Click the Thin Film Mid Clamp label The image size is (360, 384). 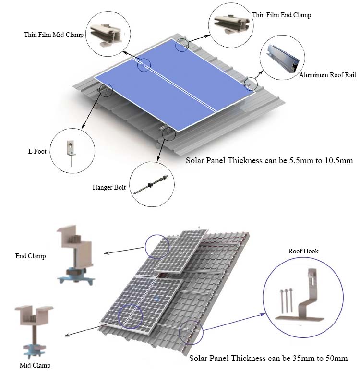click(x=54, y=35)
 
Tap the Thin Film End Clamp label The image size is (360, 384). click(x=282, y=15)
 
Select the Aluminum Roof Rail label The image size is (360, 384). click(x=327, y=75)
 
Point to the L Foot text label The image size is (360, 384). click(x=37, y=151)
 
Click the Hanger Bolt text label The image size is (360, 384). click(x=109, y=187)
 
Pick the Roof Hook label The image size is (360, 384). click(x=303, y=251)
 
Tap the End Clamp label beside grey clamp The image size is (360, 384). click(x=31, y=256)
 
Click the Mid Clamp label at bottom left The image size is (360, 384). click(x=35, y=365)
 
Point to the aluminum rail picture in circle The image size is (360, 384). click(x=283, y=58)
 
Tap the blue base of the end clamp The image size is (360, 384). click(x=76, y=277)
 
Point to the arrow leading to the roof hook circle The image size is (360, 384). click(x=234, y=322)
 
